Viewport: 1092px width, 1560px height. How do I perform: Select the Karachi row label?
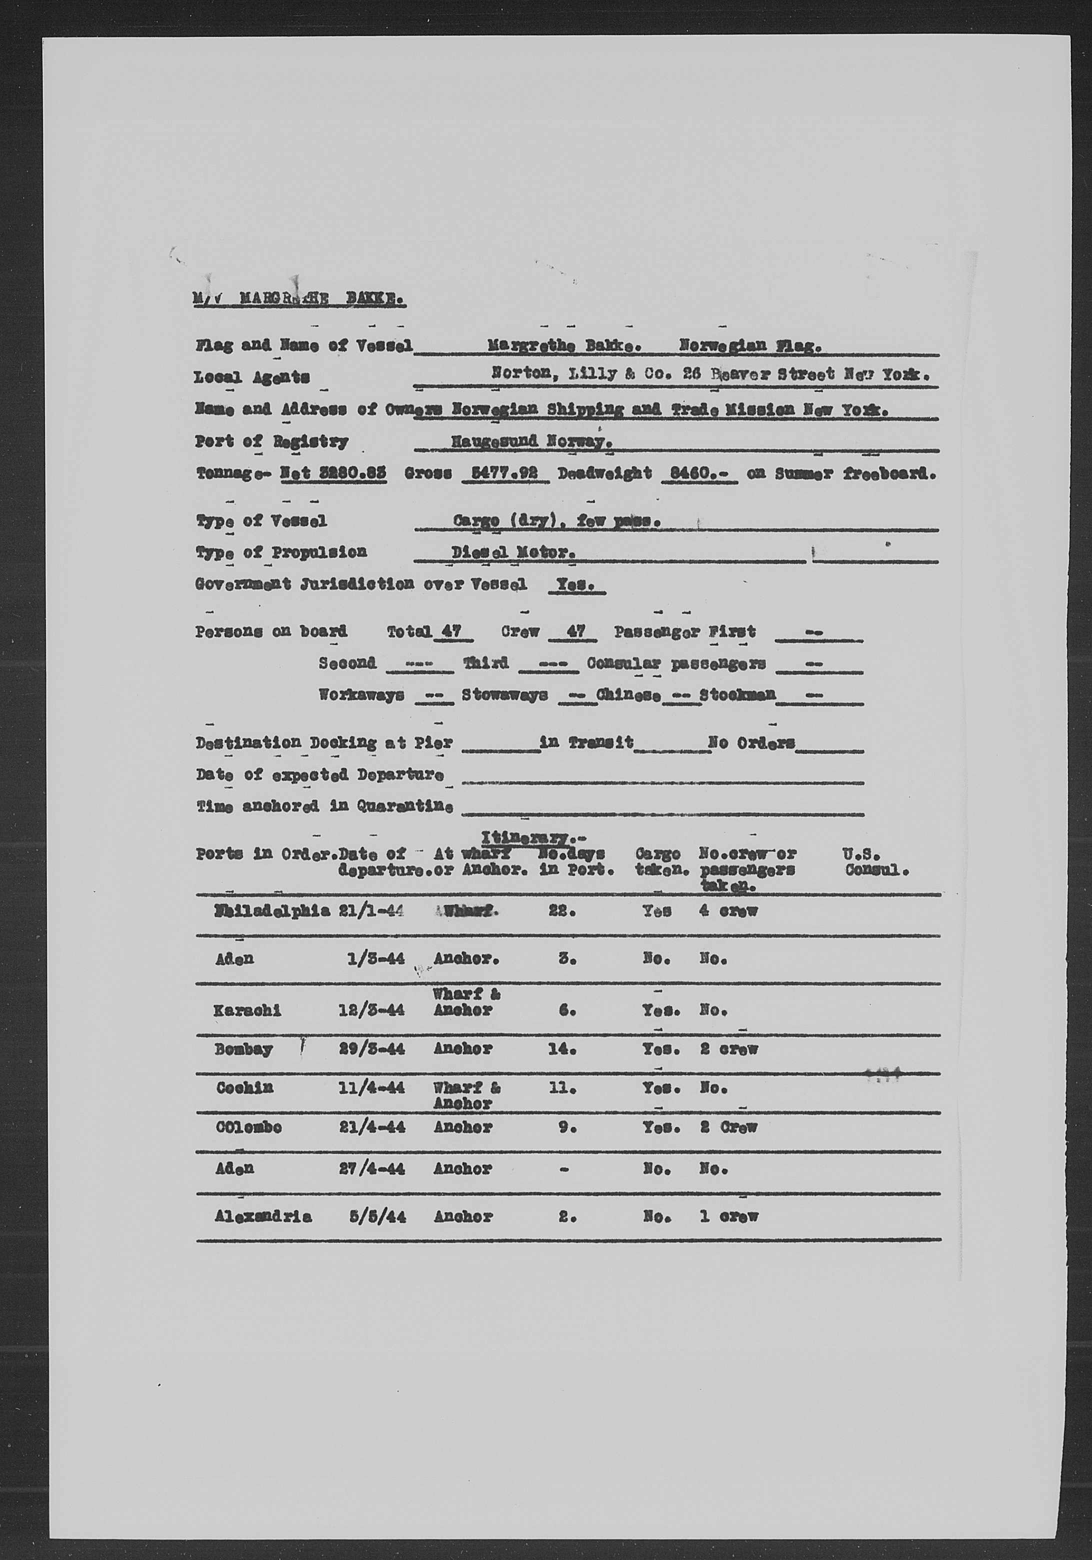(x=247, y=1010)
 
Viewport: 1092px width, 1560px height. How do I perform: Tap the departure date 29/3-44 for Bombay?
(x=371, y=1049)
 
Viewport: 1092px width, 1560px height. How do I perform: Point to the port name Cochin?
(x=244, y=1088)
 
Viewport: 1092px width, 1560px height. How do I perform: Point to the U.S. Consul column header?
(x=876, y=861)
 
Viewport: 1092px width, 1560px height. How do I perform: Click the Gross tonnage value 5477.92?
(x=505, y=473)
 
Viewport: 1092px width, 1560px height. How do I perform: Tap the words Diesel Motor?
(x=513, y=553)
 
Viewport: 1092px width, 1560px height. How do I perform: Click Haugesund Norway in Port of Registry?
(x=532, y=441)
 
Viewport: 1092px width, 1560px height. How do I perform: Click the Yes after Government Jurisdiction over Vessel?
(x=576, y=585)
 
